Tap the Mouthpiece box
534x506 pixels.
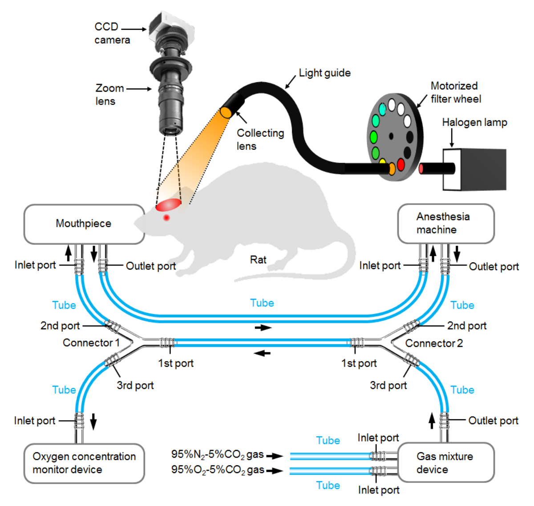[84, 224]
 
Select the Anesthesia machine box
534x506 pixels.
[445, 223]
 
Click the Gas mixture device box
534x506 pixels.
[445, 463]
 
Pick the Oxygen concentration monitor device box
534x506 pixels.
[84, 463]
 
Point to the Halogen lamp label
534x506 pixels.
[474, 122]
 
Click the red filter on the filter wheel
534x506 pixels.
[400, 165]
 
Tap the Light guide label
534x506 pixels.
[324, 73]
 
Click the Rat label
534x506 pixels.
[258, 260]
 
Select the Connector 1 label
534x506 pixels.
[91, 343]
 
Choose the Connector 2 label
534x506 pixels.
[434, 343]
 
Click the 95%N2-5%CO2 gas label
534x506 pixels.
[218, 454]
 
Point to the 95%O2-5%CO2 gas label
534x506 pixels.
[218, 470]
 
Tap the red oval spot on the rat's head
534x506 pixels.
[168, 205]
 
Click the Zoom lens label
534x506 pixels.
[109, 95]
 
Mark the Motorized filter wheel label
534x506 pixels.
[455, 92]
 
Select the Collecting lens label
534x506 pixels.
[260, 139]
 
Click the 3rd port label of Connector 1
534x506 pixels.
[135, 386]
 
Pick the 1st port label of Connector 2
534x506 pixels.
[359, 363]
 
